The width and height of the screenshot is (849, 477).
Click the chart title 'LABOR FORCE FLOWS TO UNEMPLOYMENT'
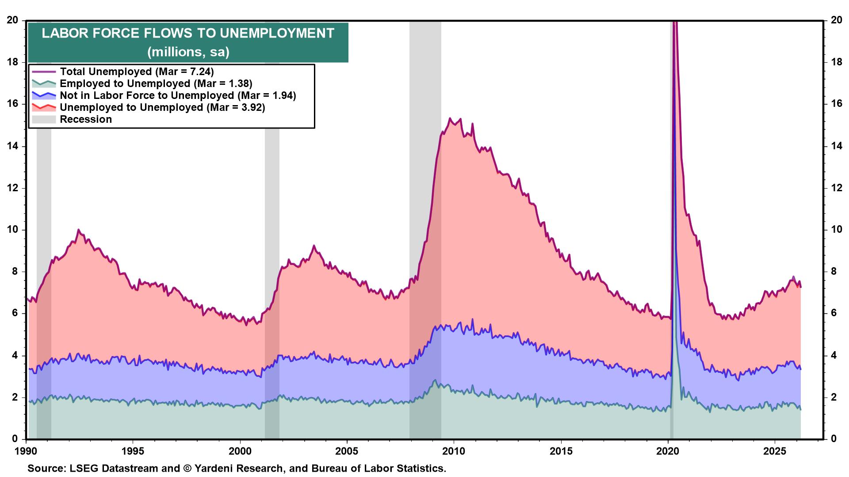[x=188, y=34]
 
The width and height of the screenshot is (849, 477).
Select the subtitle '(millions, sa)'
[x=188, y=52]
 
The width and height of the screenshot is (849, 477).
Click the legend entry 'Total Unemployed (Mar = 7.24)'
[x=137, y=72]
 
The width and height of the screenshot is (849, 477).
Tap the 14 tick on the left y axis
[x=12, y=146]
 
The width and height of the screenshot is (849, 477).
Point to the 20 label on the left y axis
[x=12, y=20]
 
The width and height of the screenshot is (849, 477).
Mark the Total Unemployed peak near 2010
[x=450, y=118]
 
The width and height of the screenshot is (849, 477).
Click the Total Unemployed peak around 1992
[x=78, y=230]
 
